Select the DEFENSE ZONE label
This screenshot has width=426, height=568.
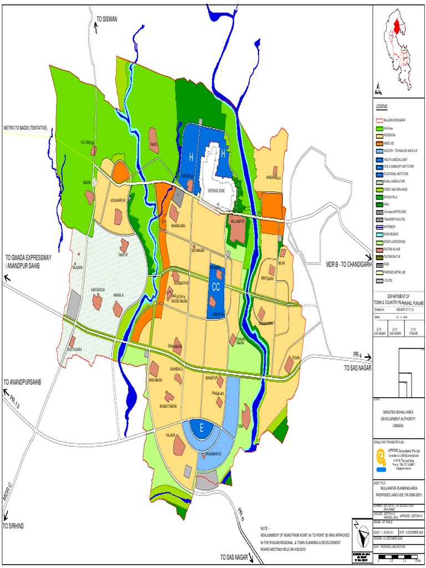[x=217, y=190]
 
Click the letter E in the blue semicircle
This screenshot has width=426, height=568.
[x=202, y=427]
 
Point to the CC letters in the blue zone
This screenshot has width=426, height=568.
[x=216, y=287]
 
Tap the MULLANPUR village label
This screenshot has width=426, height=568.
[x=237, y=221]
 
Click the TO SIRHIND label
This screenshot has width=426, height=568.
[x=17, y=525]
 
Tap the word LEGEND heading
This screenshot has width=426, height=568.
[x=383, y=106]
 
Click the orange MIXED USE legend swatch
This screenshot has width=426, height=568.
[x=379, y=143]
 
